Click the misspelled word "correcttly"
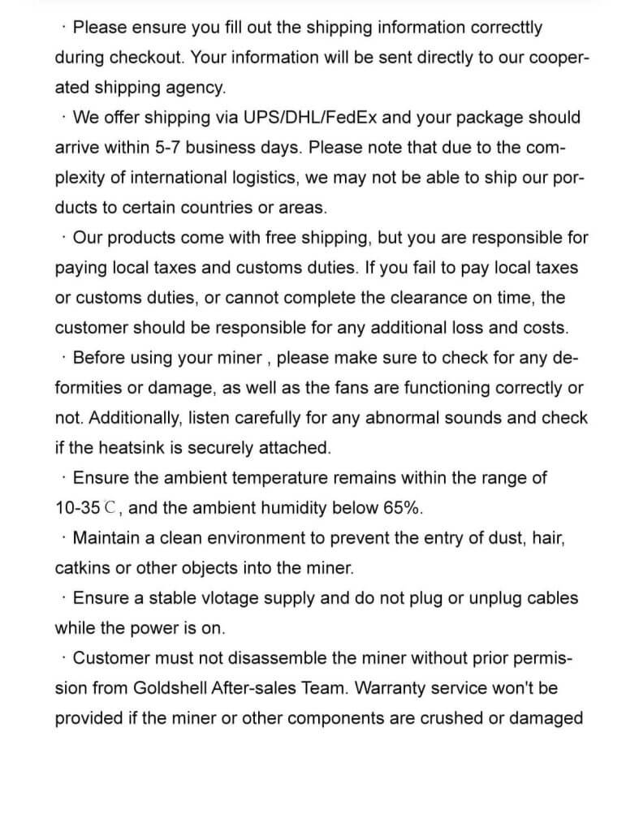coord(502,27)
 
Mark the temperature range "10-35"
coord(78,508)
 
